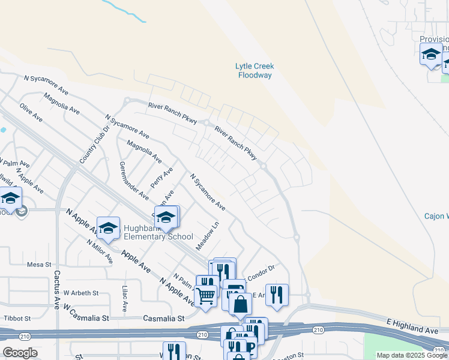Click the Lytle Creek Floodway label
pos(255,71)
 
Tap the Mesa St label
pos(40,264)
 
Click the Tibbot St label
pos(17,317)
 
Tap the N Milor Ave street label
pos(100,251)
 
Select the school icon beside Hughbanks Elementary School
pos(109,227)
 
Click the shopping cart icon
pos(205,295)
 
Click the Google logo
pos(20,353)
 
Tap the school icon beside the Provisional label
pos(431,54)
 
